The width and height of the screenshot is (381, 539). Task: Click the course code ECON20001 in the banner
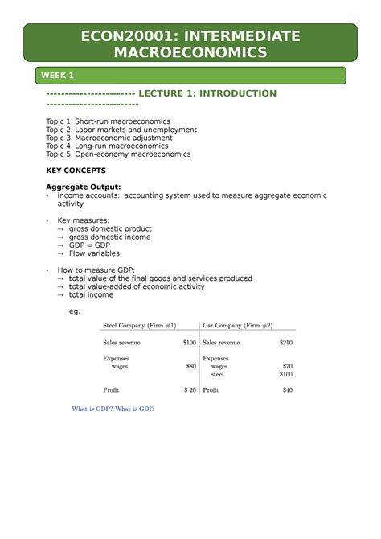pos(119,35)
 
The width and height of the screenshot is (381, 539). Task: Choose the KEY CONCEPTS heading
pos(76,171)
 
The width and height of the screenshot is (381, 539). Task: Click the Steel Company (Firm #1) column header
pos(139,326)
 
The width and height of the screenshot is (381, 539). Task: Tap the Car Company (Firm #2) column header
pos(238,326)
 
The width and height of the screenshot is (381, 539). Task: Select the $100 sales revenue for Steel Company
pos(189,342)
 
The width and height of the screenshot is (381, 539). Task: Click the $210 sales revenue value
pos(286,342)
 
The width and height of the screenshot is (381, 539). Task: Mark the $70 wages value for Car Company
pos(287,366)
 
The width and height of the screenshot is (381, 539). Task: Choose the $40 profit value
pos(287,390)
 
